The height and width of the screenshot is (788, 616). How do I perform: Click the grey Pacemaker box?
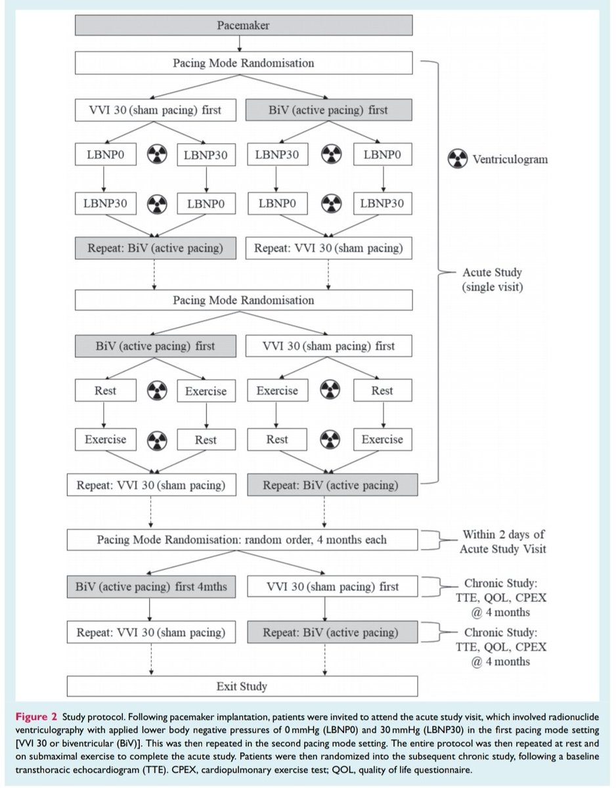[x=243, y=25]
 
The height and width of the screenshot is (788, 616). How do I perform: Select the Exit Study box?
[x=242, y=687]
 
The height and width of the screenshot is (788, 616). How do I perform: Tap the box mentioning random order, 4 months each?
[x=242, y=540]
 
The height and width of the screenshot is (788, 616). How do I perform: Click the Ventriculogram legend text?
[x=508, y=160]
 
